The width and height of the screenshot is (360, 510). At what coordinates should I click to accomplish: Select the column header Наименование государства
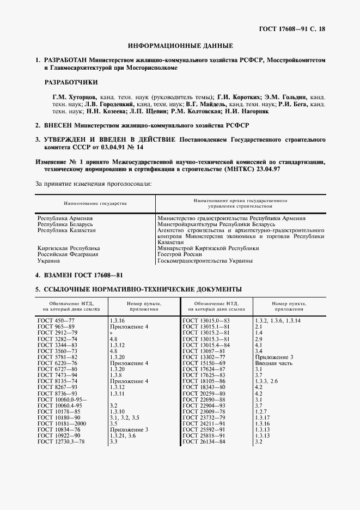pyautogui.click(x=95, y=203)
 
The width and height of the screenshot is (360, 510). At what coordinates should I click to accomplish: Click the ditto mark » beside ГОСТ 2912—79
pyautogui.click(x=111, y=332)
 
